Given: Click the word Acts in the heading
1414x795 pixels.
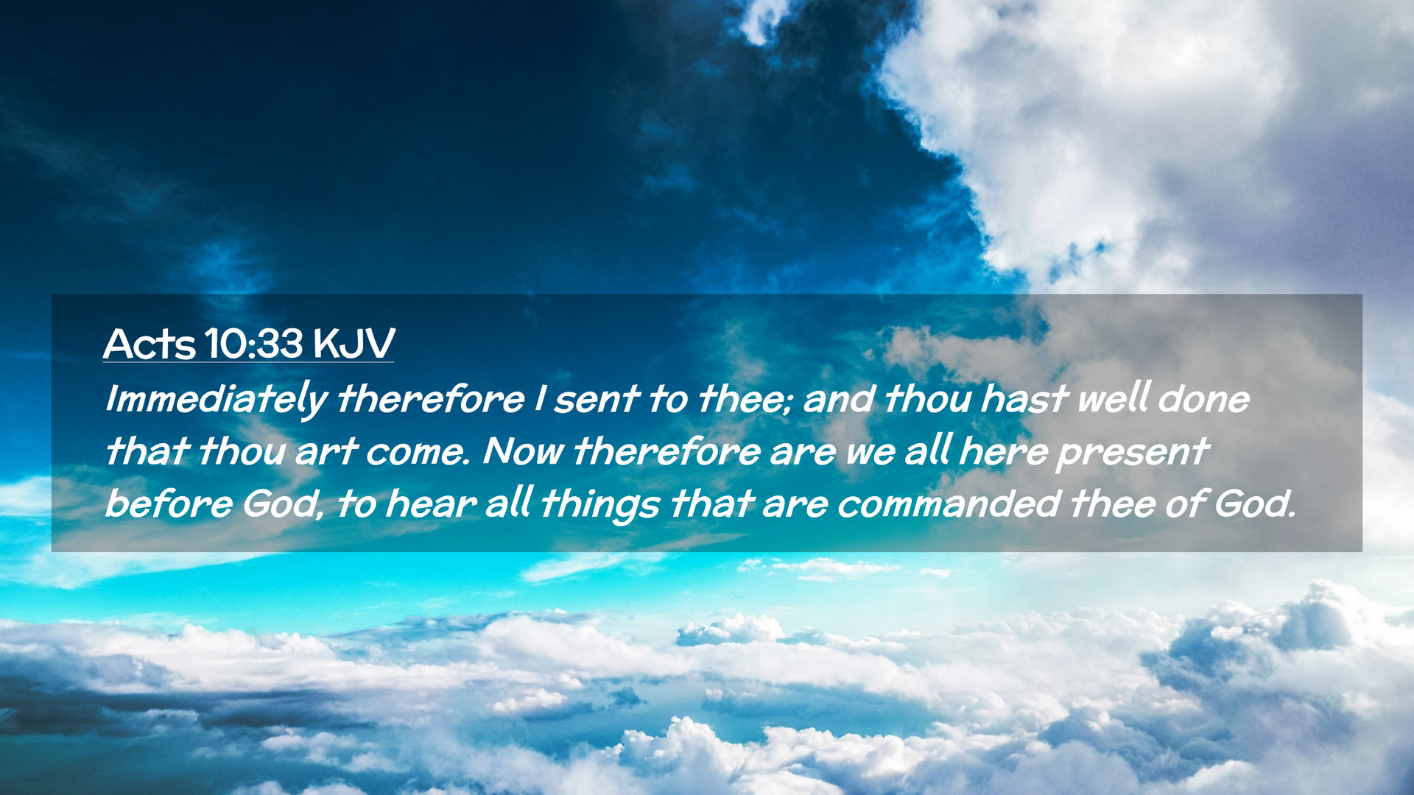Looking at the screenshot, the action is point(150,344).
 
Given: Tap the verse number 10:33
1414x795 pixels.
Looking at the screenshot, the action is point(254,344).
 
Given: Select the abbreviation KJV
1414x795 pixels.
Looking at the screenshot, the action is point(353,344).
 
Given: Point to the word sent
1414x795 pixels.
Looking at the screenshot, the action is point(596,400).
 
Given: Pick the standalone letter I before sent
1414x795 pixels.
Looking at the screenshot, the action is point(540,399).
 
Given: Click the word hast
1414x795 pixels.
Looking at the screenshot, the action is point(1024,399).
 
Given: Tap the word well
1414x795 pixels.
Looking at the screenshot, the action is point(1112,398).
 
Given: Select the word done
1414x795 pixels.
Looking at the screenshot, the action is point(1203,399).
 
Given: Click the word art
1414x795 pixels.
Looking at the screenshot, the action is point(326,451).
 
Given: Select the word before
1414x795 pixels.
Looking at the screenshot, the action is point(169,504).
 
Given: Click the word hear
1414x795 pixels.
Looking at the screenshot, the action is point(431,504).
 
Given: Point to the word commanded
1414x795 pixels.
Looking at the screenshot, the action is point(949,504).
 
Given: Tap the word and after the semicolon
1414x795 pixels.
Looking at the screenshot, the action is point(839,399).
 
